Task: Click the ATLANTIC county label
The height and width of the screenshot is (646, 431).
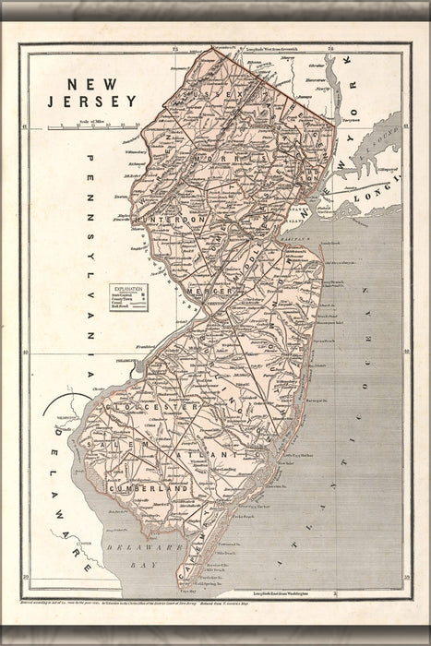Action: pos(216,454)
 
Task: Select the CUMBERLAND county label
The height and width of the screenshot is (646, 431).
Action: pos(149,487)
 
